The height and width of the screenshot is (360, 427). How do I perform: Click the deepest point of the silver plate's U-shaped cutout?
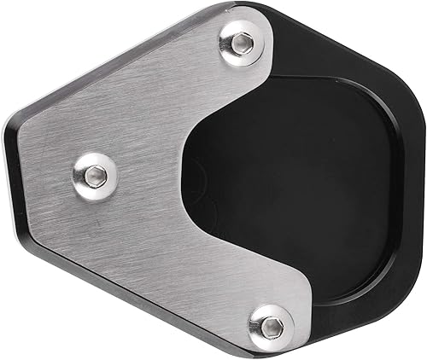pyautogui.click(x=184, y=171)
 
